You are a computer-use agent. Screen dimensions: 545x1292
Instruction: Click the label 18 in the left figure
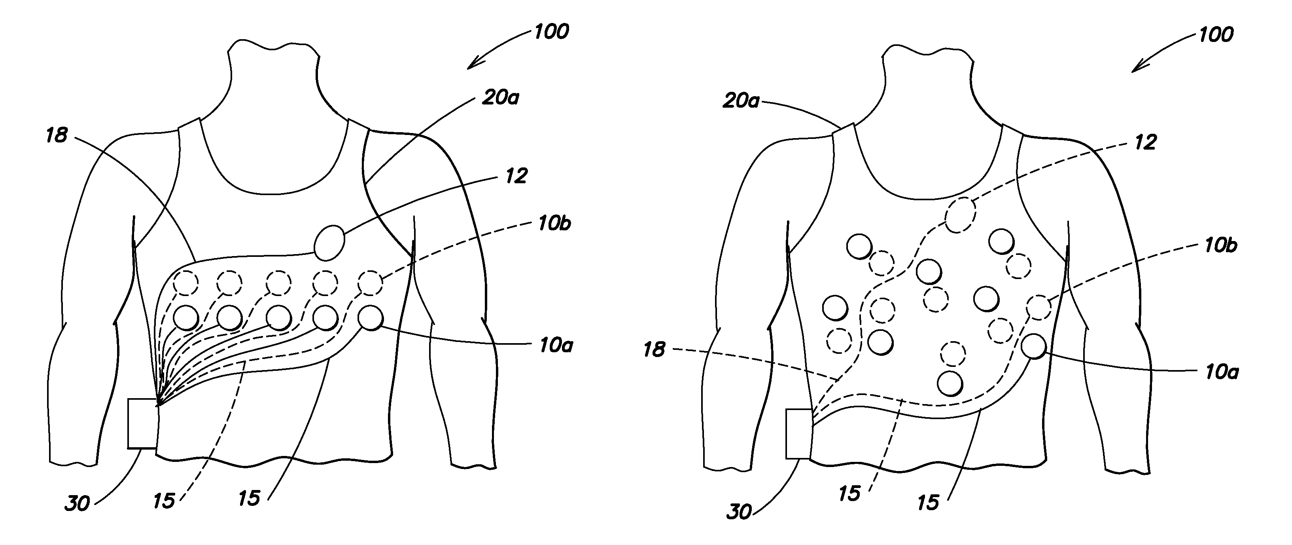(x=57, y=135)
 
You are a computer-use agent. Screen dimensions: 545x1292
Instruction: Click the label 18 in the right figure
(x=654, y=350)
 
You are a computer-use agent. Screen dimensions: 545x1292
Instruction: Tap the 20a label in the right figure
(x=740, y=101)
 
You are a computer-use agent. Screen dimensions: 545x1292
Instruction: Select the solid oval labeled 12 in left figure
(x=329, y=243)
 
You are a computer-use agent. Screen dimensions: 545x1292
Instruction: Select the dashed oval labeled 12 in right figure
(x=961, y=215)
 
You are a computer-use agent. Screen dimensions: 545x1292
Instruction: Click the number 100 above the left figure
(x=551, y=32)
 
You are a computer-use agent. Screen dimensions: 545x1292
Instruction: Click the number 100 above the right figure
(x=1215, y=34)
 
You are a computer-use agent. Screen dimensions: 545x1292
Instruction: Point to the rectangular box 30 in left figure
(x=142, y=423)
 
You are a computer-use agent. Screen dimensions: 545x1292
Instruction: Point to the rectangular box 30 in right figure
(x=798, y=434)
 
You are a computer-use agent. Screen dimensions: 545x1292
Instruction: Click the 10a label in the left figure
(x=556, y=345)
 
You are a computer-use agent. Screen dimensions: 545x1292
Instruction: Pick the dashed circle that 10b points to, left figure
(x=371, y=283)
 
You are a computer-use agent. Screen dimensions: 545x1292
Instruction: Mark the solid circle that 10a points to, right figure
(x=1033, y=346)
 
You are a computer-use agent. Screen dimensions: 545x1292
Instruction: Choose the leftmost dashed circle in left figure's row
(x=185, y=283)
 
